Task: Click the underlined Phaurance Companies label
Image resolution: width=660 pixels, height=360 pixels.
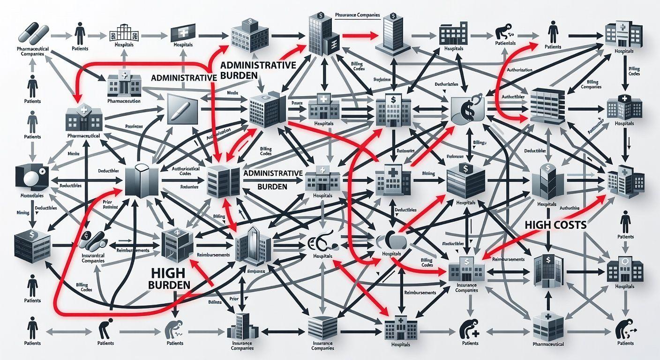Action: click(x=358, y=15)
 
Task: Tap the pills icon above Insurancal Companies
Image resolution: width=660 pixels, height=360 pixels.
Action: click(x=91, y=241)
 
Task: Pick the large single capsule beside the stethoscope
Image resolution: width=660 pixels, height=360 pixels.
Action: click(x=392, y=242)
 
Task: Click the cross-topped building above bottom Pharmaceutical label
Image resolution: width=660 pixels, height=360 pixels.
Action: click(x=548, y=324)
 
